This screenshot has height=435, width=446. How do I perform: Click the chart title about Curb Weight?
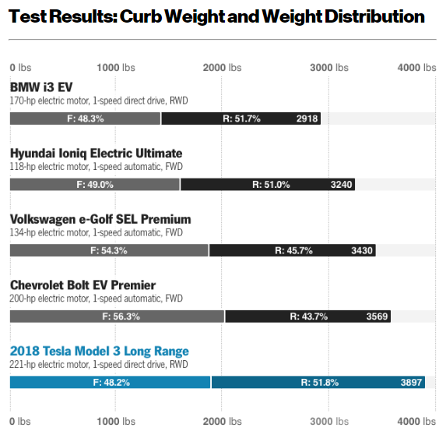(217, 16)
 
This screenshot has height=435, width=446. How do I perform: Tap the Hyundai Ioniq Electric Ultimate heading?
(96, 154)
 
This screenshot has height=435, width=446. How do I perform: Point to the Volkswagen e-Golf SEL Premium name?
(100, 219)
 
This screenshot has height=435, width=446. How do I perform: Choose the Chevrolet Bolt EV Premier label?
(83, 285)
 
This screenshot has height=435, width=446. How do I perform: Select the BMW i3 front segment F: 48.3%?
(85, 118)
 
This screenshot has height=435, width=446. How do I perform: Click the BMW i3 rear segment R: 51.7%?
(241, 118)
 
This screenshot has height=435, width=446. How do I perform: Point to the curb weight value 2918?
(307, 118)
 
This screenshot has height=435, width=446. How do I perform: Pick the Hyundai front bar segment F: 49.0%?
(94, 185)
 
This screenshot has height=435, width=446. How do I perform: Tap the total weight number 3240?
(342, 185)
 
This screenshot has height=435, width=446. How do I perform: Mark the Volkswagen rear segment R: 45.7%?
(293, 250)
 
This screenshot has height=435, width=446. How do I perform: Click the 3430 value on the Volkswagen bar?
(362, 250)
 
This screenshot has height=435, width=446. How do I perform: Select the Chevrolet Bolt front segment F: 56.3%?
(117, 317)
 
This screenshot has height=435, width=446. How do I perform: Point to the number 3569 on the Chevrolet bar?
(378, 317)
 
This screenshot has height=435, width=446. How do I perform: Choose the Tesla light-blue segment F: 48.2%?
(110, 382)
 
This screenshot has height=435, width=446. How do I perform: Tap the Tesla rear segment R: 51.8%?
(319, 382)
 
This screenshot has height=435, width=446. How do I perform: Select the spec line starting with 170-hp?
(98, 101)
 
